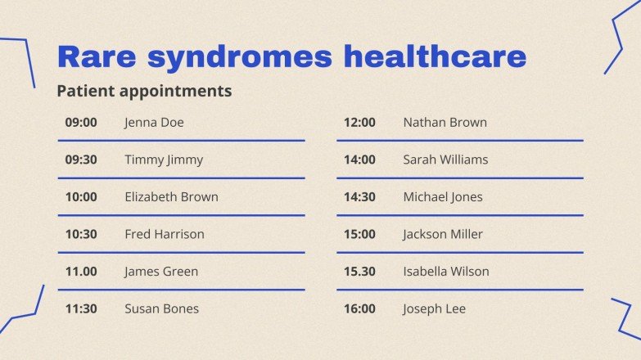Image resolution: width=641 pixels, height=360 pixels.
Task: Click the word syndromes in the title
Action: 241,57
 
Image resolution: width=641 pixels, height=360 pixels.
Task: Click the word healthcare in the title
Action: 435,57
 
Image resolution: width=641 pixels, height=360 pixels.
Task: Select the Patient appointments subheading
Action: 144,91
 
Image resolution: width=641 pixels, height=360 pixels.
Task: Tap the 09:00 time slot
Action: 81,123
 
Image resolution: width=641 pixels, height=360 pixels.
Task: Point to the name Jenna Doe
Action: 154,123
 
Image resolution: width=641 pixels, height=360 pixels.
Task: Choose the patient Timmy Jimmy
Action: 164,160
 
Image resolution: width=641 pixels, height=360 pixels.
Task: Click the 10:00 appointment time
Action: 81,197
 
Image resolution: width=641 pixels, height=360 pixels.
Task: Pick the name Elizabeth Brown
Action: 171,197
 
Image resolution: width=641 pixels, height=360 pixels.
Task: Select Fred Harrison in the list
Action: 165,234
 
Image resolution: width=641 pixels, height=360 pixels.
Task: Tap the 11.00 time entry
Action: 81,272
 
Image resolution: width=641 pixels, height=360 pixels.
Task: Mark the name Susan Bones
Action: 161,308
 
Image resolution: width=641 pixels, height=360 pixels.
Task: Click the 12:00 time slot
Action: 359,123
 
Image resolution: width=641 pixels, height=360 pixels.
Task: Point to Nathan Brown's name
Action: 445,123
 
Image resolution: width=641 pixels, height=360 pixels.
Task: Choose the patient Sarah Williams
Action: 445,160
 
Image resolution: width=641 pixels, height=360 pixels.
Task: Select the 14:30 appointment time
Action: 359,197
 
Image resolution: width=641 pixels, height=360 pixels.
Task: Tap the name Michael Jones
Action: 443,197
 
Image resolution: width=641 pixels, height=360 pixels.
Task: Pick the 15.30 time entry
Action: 359,272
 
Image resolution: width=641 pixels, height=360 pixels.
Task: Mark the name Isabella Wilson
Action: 446,272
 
